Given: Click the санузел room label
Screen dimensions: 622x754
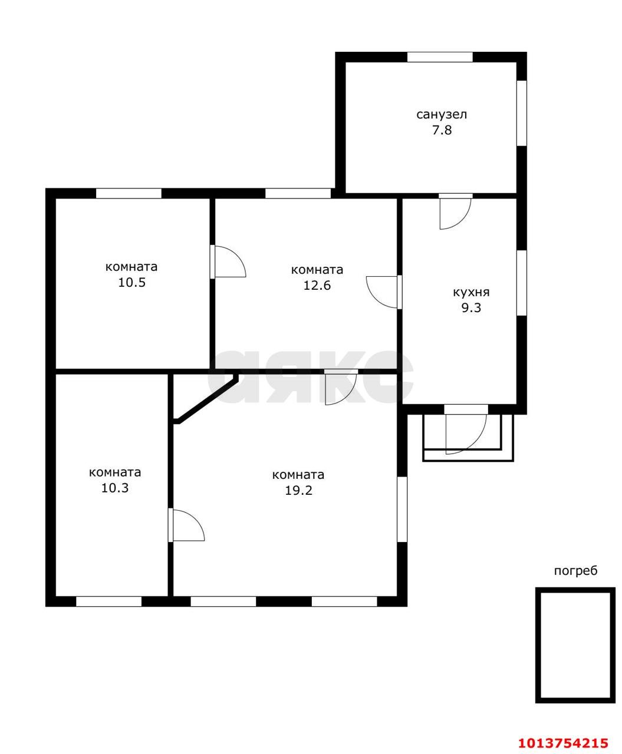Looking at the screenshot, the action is (x=441, y=114).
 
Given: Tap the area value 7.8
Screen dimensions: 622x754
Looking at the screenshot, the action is (x=442, y=130).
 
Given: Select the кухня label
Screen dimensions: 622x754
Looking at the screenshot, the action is (x=471, y=292).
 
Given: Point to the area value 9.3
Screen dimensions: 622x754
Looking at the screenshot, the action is (x=471, y=307).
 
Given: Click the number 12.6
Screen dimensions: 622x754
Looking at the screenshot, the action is (x=317, y=285).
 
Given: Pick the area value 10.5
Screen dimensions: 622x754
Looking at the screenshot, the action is (x=131, y=282).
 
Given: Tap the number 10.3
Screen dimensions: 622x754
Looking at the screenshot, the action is (x=114, y=488).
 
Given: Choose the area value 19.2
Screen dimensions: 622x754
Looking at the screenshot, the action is (x=298, y=490).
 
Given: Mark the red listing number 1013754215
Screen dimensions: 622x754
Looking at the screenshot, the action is (x=564, y=740).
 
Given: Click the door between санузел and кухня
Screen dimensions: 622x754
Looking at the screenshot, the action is (x=455, y=211).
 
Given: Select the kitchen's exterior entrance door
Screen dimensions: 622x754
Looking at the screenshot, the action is (x=466, y=430).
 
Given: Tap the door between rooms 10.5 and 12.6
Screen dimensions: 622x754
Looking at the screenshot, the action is (x=228, y=262).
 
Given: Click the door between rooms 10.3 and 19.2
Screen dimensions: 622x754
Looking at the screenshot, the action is (x=186, y=525).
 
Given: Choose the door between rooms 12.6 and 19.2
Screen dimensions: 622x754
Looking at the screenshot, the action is (x=341, y=387).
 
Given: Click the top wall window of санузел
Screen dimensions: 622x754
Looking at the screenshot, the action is (x=440, y=57).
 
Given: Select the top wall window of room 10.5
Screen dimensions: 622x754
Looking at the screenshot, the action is (x=129, y=193).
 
